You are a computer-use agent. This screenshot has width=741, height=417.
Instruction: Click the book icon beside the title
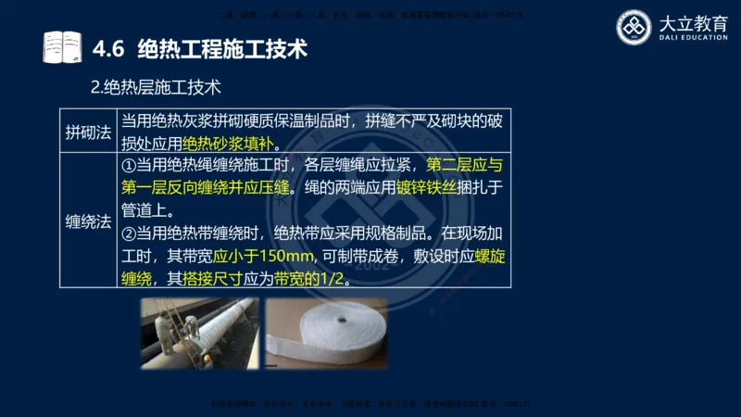[62, 47]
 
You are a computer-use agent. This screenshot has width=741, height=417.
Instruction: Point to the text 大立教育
[690, 22]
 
